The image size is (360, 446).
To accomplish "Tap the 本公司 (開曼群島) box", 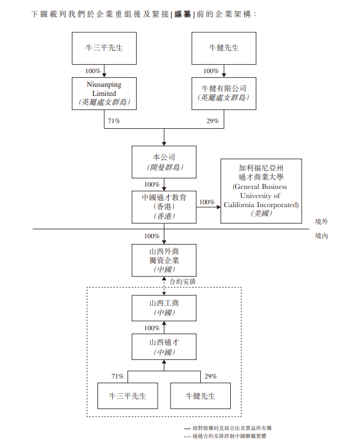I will [x=164, y=162].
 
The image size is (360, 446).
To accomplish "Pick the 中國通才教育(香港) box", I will [x=164, y=207].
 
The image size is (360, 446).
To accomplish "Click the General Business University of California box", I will [x=261, y=191].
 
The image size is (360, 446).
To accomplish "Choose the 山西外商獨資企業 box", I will [x=164, y=260].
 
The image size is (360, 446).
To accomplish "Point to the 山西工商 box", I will [x=164, y=308].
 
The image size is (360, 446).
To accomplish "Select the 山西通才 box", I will [x=164, y=347].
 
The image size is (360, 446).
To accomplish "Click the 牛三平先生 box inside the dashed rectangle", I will [x=127, y=395].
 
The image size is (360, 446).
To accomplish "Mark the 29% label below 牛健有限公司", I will [x=213, y=121].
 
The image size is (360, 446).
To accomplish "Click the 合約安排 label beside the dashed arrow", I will [x=183, y=281].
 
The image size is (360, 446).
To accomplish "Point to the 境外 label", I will [x=321, y=221].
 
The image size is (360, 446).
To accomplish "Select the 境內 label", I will [x=321, y=235].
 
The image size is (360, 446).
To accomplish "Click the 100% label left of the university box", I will [x=207, y=202].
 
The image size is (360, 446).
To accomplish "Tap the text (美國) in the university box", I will [x=261, y=214].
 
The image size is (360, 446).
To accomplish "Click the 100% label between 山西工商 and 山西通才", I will [x=151, y=328].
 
